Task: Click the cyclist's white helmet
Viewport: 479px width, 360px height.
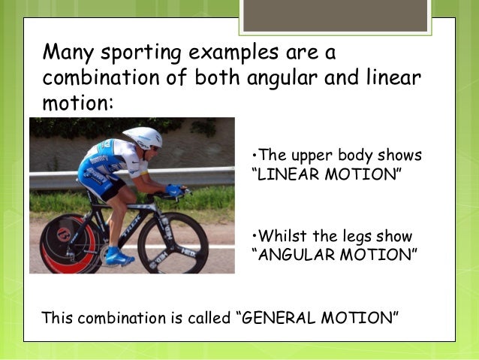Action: [x=143, y=137]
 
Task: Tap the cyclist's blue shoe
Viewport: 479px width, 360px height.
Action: [x=119, y=258]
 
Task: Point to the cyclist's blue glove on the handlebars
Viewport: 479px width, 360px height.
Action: [x=174, y=190]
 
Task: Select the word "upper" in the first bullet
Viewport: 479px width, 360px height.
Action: [x=303, y=156]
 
